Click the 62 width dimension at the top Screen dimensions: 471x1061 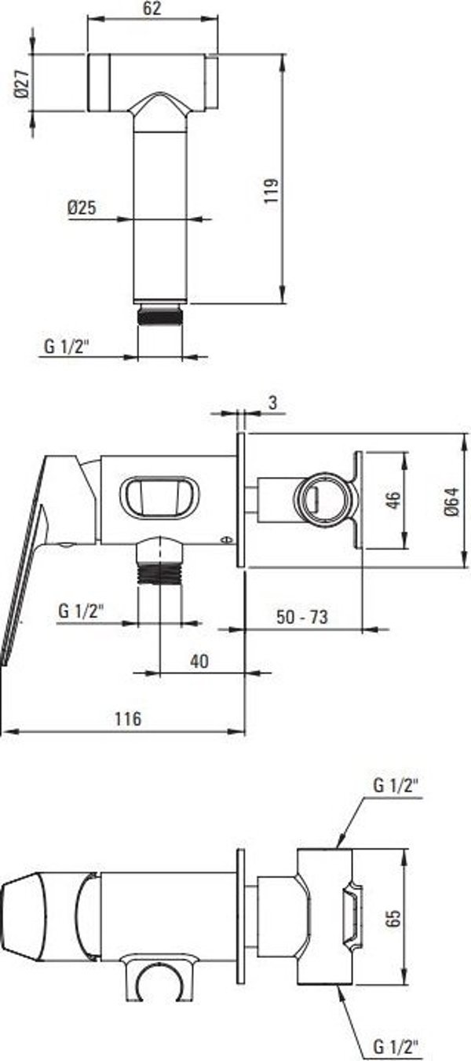point(152,9)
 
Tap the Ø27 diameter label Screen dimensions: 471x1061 point(22,83)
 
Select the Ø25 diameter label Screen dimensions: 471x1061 point(82,207)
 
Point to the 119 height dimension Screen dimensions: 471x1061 point(272,191)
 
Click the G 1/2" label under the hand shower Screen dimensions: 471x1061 point(67,347)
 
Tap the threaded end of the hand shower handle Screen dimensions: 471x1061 point(159,316)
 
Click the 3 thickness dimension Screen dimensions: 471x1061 point(272,402)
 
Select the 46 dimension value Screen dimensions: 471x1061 point(393,500)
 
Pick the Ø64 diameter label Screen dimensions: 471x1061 point(452,501)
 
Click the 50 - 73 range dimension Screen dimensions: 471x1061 point(302,617)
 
